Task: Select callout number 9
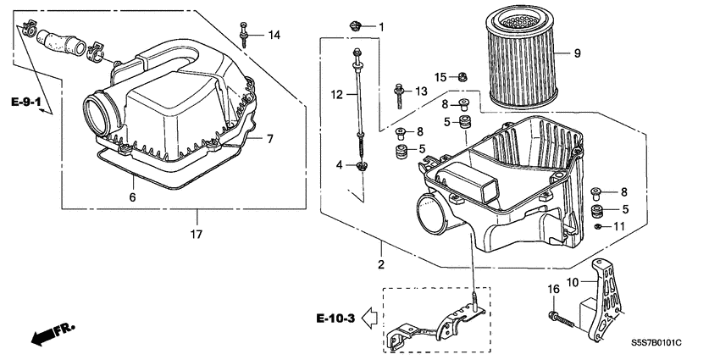[x=577, y=54]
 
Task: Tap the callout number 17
[x=197, y=235]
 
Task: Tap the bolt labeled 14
[x=244, y=33]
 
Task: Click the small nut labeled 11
[x=599, y=227]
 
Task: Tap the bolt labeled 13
[x=398, y=91]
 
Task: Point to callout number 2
[x=381, y=266]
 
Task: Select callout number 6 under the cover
[x=132, y=197]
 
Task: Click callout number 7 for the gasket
[x=269, y=138]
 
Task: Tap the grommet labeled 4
[x=362, y=164]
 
